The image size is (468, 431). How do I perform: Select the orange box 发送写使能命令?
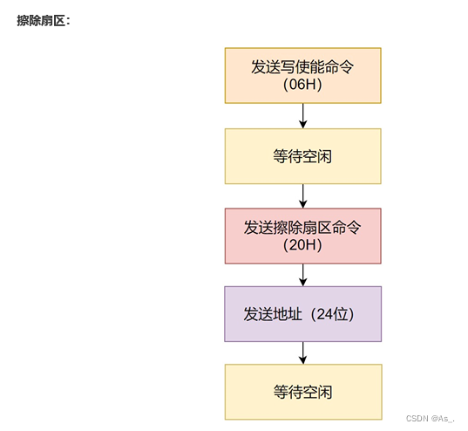tap(302, 75)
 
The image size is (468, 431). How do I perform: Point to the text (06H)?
tap(302, 85)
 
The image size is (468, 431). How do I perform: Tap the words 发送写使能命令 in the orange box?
tap(302, 65)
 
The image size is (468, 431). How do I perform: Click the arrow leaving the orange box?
tap(302, 115)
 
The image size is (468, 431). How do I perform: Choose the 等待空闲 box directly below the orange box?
tap(302, 156)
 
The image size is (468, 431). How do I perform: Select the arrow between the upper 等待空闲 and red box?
tap(302, 195)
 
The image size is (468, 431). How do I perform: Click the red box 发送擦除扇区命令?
tap(302, 236)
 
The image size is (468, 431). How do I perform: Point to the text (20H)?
tap(302, 245)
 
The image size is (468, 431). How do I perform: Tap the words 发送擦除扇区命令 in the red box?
tap(302, 227)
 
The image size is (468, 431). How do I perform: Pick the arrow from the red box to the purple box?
tap(302, 274)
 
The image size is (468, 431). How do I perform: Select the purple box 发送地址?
tap(302, 313)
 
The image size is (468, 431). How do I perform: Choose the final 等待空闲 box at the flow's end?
tap(302, 392)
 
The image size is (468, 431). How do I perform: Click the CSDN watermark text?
tap(420, 419)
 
